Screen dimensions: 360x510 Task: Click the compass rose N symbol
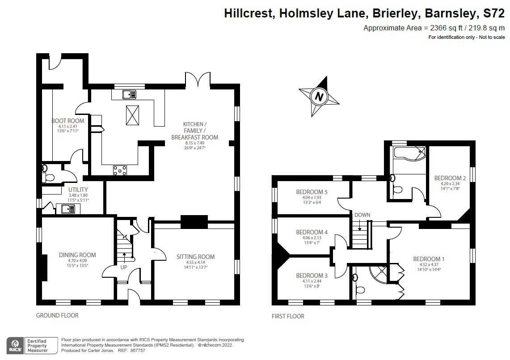[319, 96]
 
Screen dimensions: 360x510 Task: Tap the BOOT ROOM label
[67, 121]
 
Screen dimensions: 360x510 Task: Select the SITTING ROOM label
[195, 257]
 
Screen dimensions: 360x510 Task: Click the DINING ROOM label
[77, 255]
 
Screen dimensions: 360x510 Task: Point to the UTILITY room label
[78, 190]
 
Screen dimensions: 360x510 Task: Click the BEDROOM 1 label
[429, 259]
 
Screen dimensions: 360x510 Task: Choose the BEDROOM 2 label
[450, 178]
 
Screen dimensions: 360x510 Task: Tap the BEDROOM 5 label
[312, 192]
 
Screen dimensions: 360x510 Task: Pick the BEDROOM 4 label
[312, 232]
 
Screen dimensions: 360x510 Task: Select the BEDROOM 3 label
[312, 275]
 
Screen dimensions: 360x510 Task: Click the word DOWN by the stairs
[362, 215]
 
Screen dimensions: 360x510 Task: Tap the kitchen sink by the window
[129, 94]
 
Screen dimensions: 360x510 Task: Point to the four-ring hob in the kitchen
[120, 170]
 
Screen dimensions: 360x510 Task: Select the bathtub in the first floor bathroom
[408, 152]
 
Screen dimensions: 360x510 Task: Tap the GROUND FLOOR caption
[57, 315]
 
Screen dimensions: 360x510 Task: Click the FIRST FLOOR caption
[288, 316]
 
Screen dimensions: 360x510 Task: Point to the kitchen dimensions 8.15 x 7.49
[195, 143]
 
